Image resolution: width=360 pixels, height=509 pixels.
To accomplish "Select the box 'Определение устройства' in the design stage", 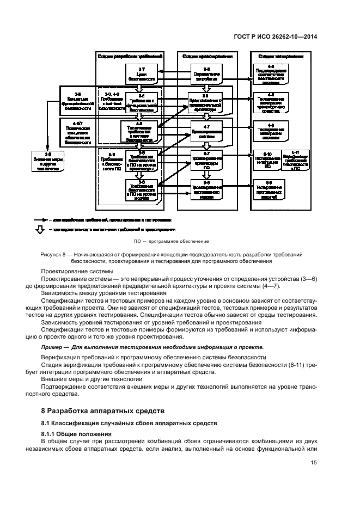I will tap(206, 74).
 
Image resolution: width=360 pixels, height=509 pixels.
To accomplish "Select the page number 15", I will tap(313, 463).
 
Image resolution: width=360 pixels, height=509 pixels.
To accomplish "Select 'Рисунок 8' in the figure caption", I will tap(55, 255).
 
